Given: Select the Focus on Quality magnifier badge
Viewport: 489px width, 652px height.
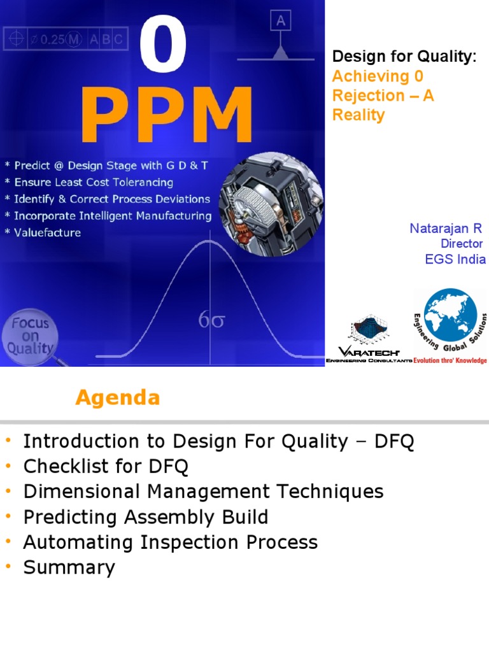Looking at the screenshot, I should (x=31, y=336).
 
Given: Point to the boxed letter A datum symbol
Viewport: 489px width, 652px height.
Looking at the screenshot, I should (x=280, y=22).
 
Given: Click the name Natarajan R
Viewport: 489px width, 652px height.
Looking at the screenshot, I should (x=446, y=229).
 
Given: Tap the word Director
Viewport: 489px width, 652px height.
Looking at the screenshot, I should (x=462, y=244).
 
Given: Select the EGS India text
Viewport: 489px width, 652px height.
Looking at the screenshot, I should (x=455, y=259).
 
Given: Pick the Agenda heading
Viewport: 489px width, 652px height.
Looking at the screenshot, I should (x=117, y=398).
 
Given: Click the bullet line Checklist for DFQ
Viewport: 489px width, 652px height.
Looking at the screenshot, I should (x=106, y=467).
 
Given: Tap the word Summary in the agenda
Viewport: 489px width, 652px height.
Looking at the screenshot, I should (x=69, y=567).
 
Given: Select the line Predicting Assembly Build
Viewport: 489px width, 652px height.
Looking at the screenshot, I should (x=145, y=517).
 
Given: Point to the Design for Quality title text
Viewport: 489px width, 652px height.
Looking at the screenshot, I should (x=404, y=57).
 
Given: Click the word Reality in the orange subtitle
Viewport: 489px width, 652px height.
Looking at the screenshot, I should (x=358, y=115).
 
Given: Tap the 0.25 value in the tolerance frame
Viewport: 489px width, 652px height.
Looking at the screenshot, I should (x=52, y=39).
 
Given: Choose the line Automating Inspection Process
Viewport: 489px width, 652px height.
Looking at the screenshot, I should (x=170, y=542).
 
